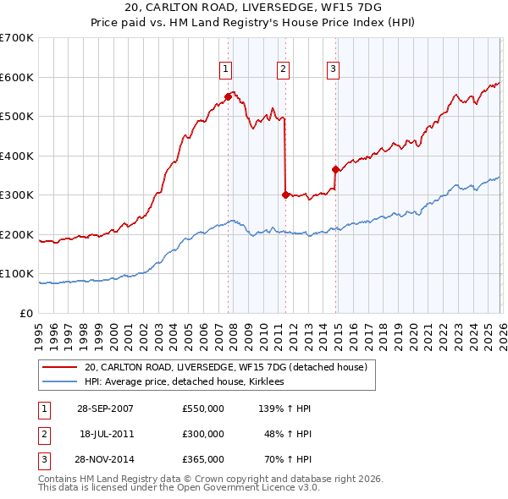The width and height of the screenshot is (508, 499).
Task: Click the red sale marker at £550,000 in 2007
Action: point(229,96)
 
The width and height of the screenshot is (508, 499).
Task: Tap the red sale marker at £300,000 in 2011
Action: point(285,195)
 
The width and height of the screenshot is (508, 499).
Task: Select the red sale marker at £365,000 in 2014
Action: point(336,169)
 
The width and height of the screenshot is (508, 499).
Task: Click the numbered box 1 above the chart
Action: point(226,69)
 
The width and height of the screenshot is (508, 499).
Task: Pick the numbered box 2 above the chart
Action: point(283,69)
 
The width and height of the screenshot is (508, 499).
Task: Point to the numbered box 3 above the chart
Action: point(334,69)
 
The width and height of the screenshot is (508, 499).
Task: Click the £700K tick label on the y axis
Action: point(17,38)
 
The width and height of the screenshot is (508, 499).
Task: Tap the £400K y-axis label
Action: point(17,156)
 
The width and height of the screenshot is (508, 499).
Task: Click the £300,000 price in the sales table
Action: point(202,434)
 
